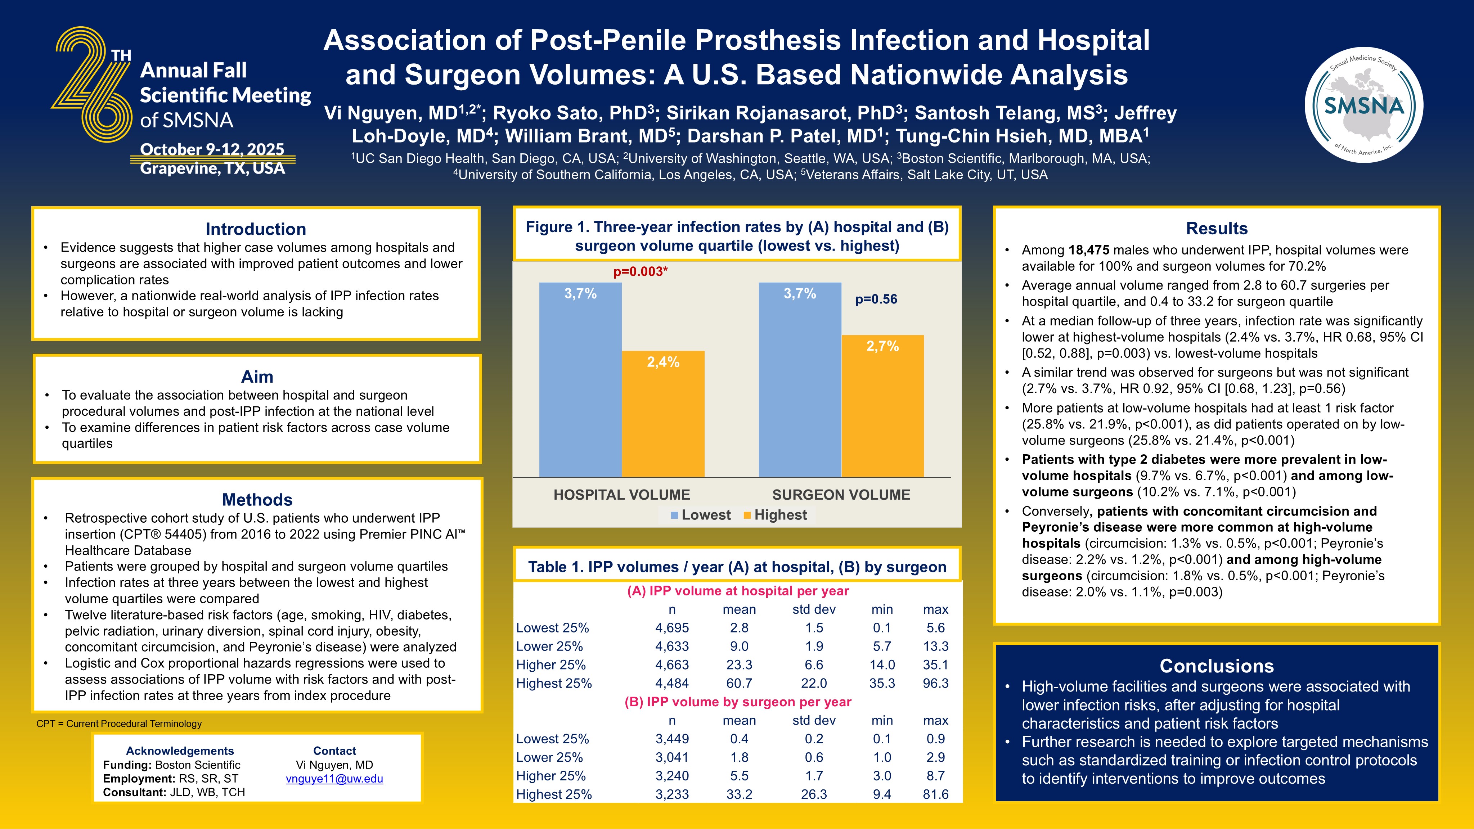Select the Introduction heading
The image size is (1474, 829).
coord(256,229)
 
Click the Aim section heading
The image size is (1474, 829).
coord(257,377)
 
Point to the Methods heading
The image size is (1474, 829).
coord(257,500)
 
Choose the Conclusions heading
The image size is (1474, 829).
coord(1217,666)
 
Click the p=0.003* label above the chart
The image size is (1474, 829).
coord(640,271)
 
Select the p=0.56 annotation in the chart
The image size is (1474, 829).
coord(876,299)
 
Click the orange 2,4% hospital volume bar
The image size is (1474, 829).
coord(663,414)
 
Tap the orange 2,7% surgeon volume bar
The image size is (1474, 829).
coord(882,406)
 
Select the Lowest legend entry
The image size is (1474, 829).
coord(701,515)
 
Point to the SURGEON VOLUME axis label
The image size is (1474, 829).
coord(841,495)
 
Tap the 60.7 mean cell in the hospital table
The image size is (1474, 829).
coord(739,683)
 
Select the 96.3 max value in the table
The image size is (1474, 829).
coord(935,683)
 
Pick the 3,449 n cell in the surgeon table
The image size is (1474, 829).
coord(672,739)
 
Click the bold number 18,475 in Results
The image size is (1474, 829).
coord(1089,250)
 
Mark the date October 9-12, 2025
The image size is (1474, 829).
coord(212,149)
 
